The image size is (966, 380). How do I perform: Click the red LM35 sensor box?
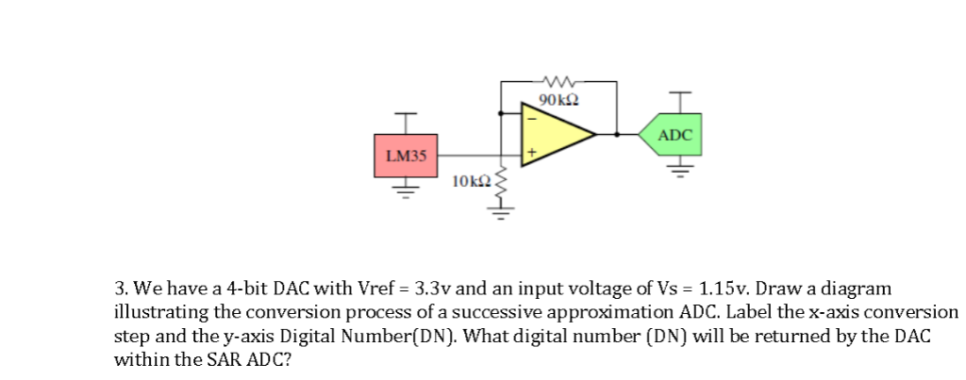point(406,156)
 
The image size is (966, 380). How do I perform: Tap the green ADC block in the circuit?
point(674,135)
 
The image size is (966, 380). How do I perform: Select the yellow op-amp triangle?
point(553,135)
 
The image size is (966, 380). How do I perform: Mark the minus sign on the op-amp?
point(530,119)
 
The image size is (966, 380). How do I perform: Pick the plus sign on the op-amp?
point(530,151)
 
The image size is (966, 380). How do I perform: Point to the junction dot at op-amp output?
point(617,135)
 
